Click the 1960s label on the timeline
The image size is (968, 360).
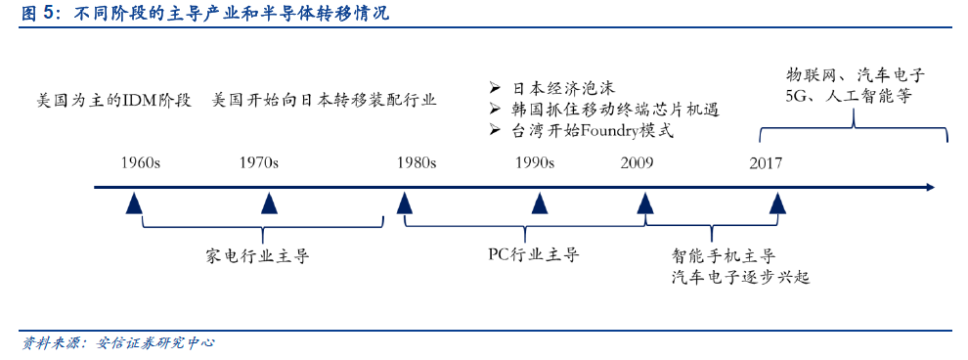(140, 162)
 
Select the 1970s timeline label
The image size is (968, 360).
(259, 162)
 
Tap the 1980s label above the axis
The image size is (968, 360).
(417, 162)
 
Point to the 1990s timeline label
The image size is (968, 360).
(535, 162)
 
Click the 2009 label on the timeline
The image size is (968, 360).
(638, 162)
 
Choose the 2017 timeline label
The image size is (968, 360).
(766, 162)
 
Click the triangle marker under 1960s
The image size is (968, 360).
(136, 203)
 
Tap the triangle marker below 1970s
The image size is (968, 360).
(269, 203)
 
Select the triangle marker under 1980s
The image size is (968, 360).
(404, 203)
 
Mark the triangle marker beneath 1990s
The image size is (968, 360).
(539, 203)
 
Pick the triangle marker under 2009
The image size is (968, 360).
(645, 203)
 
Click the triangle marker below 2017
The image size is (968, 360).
(777, 203)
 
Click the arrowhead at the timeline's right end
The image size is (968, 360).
(930, 187)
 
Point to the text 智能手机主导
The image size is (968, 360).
(724, 256)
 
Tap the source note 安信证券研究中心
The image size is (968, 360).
(156, 342)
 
